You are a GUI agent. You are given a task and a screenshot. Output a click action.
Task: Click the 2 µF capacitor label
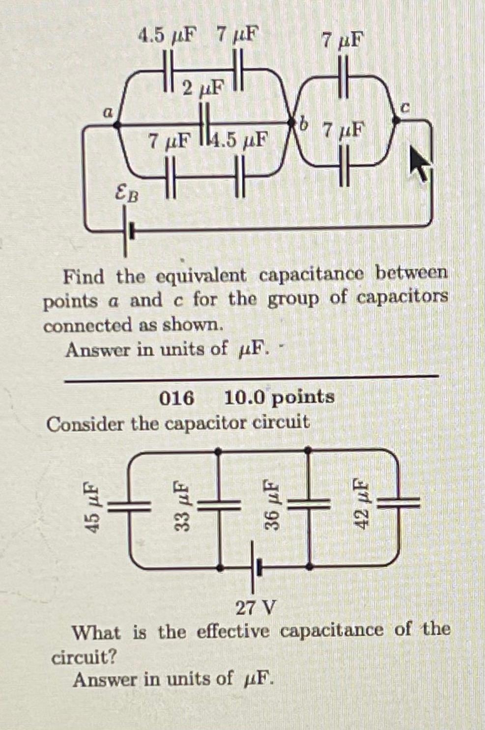pyautogui.click(x=202, y=88)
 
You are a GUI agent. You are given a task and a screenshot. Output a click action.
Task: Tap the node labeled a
pyautogui.click(x=117, y=125)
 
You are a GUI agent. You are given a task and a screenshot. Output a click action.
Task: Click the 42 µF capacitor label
pyautogui.click(x=361, y=504)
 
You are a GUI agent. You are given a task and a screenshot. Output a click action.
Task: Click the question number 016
pyautogui.click(x=176, y=397)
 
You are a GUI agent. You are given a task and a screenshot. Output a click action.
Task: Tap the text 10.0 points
pyautogui.click(x=279, y=397)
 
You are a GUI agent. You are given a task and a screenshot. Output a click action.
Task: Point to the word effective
pyautogui.click(x=233, y=631)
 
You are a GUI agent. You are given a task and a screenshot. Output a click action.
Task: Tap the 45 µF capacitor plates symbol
pyautogui.click(x=129, y=506)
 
